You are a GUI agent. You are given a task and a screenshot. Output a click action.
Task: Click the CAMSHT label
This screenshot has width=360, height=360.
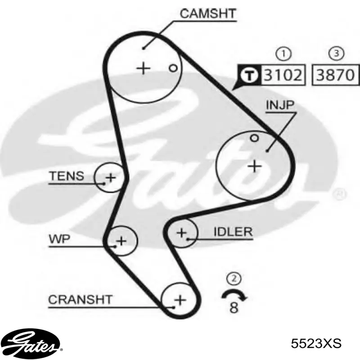click(x=208, y=13)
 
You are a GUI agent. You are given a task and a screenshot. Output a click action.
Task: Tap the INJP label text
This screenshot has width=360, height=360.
click(x=280, y=105)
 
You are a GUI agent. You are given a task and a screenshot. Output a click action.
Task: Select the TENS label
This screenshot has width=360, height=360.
click(x=67, y=176)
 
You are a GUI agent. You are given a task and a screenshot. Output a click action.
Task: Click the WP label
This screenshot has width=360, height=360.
click(x=59, y=239)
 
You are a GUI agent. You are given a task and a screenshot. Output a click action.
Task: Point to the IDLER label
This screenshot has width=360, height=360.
click(x=233, y=232)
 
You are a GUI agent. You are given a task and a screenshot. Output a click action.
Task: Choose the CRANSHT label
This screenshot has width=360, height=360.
click(x=80, y=300)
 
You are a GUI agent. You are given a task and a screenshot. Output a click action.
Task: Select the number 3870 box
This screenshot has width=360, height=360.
click(x=335, y=75)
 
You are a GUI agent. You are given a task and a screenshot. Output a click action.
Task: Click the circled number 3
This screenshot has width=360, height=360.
click(x=336, y=54)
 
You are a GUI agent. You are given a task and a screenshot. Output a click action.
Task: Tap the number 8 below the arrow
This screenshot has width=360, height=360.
click(x=234, y=307)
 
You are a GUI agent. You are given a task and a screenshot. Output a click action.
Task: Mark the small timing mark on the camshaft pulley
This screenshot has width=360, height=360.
click(x=173, y=68)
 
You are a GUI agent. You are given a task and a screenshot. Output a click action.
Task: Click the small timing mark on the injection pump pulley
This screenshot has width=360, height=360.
click(x=254, y=138)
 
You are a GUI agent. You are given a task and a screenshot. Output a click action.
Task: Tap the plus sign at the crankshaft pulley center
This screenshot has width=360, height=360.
click(x=180, y=300)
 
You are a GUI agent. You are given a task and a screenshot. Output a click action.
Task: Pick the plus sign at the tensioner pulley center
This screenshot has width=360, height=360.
click(x=110, y=177)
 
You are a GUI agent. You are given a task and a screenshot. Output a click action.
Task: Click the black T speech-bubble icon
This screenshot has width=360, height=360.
click(x=248, y=75)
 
